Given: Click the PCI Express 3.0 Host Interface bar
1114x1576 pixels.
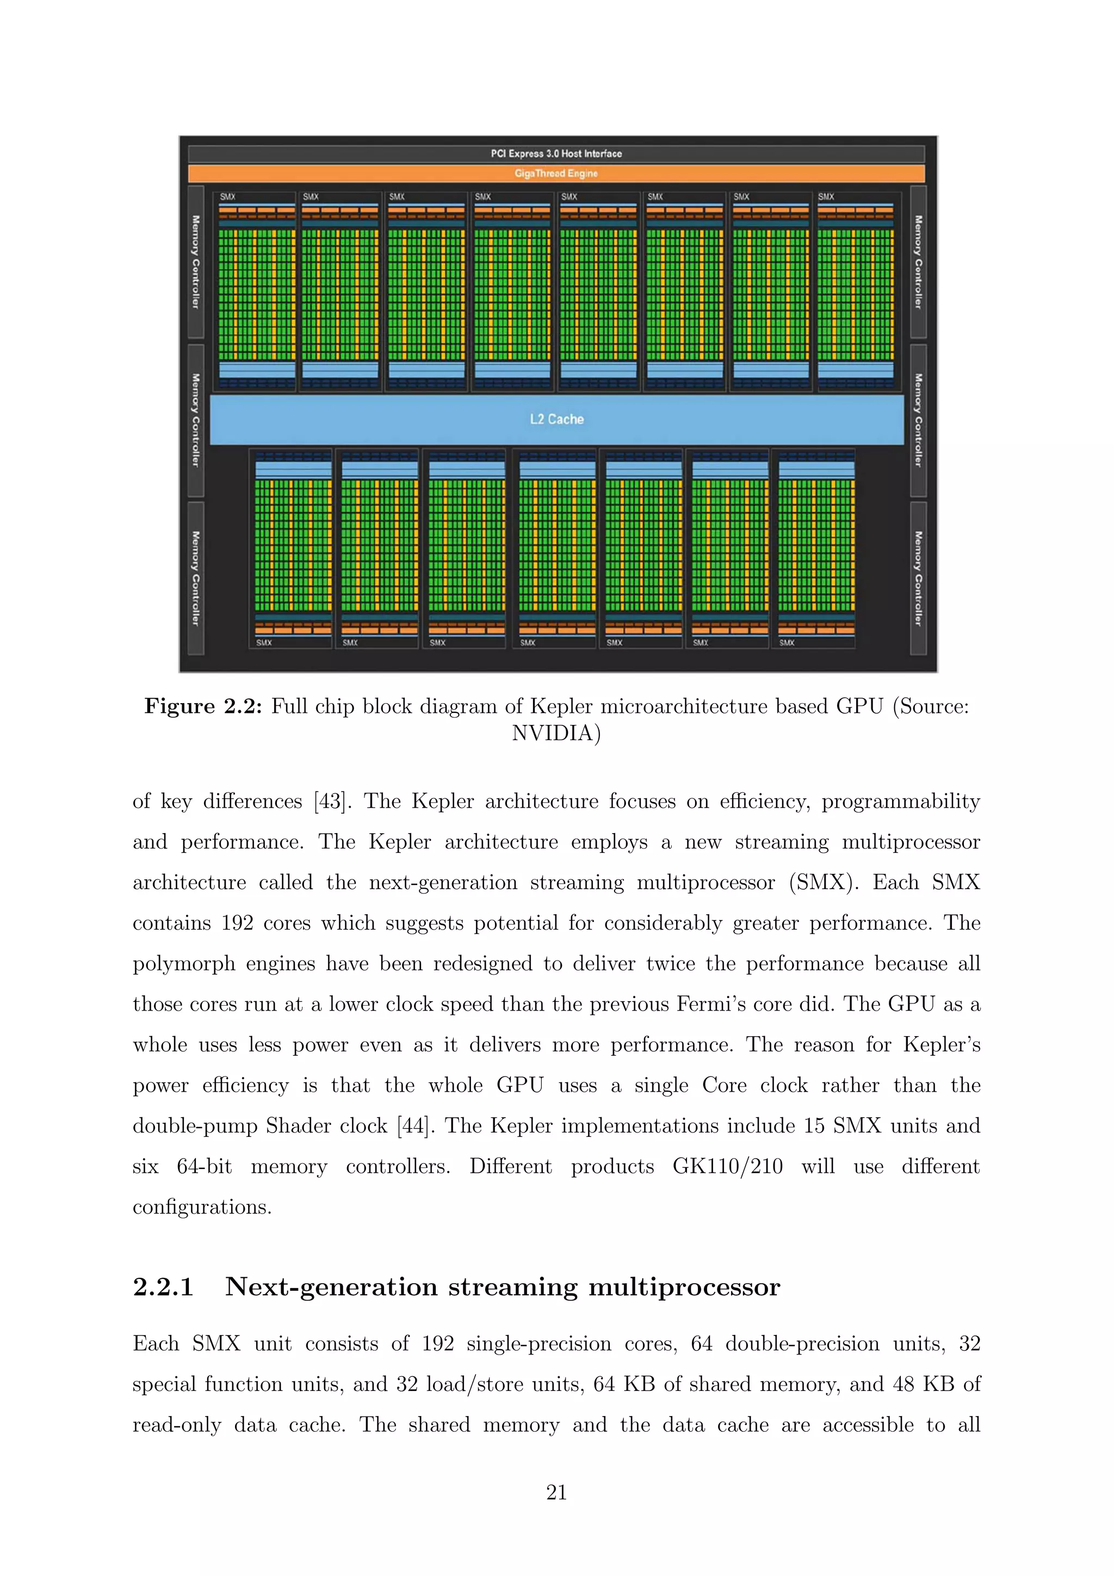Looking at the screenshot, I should tap(556, 154).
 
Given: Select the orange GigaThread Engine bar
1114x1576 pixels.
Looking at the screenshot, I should tap(556, 173).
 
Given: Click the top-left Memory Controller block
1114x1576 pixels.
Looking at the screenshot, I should tap(195, 262).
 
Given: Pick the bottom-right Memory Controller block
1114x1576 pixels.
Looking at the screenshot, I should tap(918, 578).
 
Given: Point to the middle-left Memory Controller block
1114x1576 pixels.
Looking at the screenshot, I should tap(195, 420).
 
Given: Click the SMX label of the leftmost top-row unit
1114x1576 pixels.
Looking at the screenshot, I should tap(228, 197).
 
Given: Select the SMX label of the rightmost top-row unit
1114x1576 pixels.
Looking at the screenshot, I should tap(826, 197).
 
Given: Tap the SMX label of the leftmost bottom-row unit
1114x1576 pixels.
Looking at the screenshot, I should tap(264, 643).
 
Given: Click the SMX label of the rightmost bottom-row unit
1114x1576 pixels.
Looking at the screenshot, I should tap(787, 643).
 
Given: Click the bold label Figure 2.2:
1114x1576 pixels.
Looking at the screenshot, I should tap(203, 706).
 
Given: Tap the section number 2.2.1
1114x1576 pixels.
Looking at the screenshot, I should tap(163, 1287).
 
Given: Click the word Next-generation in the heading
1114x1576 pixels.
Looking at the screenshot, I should tap(331, 1287).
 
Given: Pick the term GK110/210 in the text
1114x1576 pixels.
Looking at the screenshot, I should tap(727, 1166).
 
